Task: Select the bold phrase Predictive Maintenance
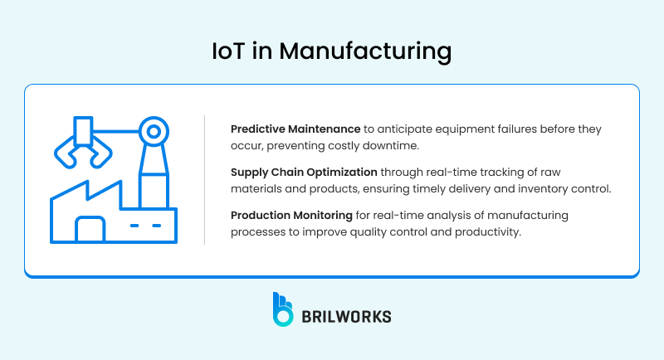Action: (x=295, y=129)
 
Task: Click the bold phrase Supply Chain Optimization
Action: (x=303, y=173)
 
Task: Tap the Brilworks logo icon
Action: (x=283, y=308)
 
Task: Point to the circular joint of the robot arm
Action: (x=152, y=130)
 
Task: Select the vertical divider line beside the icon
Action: (x=205, y=180)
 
